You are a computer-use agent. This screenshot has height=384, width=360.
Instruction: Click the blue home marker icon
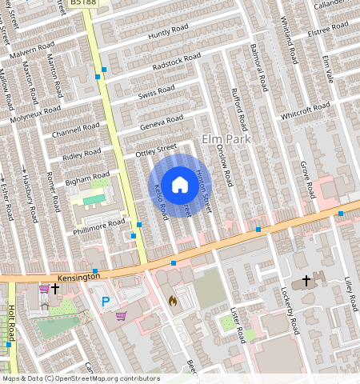click(180, 184)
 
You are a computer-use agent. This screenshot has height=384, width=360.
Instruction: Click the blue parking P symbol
click(106, 302)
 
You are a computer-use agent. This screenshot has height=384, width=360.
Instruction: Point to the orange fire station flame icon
click(171, 301)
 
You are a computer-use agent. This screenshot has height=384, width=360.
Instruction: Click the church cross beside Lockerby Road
click(306, 281)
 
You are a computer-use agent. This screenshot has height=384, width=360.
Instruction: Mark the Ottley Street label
click(156, 148)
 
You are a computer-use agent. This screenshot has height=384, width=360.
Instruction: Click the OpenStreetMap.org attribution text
click(107, 378)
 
